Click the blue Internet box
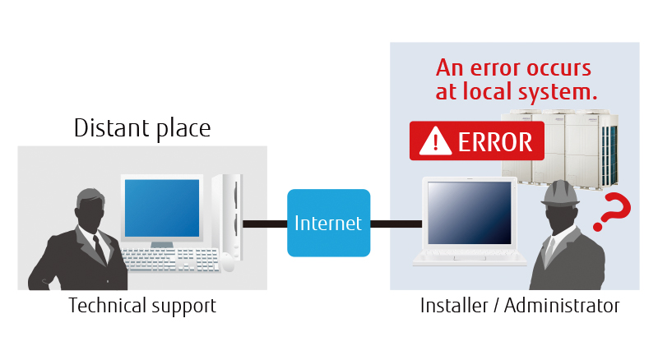point(328,223)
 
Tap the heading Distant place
point(141,128)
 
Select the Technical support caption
point(142,307)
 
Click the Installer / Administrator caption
point(519,307)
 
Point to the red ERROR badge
point(476,141)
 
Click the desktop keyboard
point(169,259)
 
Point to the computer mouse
point(228,262)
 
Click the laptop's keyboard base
point(470,257)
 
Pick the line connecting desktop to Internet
point(264,224)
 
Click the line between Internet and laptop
point(396,224)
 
